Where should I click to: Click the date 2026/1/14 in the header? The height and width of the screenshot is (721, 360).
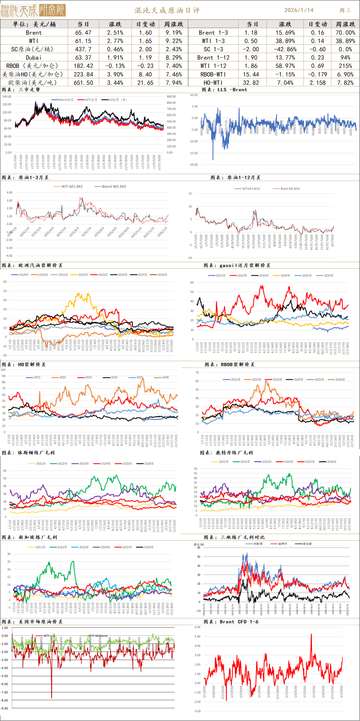[x=299, y=10]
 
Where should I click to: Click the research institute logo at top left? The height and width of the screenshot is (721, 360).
[x=33, y=10]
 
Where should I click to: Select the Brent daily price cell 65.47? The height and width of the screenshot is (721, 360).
[x=83, y=33]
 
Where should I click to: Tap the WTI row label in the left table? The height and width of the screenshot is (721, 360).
[x=34, y=41]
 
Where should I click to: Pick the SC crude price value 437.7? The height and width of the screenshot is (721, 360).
[x=83, y=49]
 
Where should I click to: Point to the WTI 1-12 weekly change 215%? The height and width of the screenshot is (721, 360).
[x=345, y=66]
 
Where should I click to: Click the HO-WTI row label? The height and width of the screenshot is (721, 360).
[x=213, y=83]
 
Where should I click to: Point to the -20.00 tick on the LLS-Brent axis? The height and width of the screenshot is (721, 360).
[x=194, y=165]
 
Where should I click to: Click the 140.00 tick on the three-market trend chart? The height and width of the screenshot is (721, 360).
[x=7, y=96]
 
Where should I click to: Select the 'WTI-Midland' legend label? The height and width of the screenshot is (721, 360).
[x=98, y=636]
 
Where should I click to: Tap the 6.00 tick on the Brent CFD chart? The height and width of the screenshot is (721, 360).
[x=197, y=627]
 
